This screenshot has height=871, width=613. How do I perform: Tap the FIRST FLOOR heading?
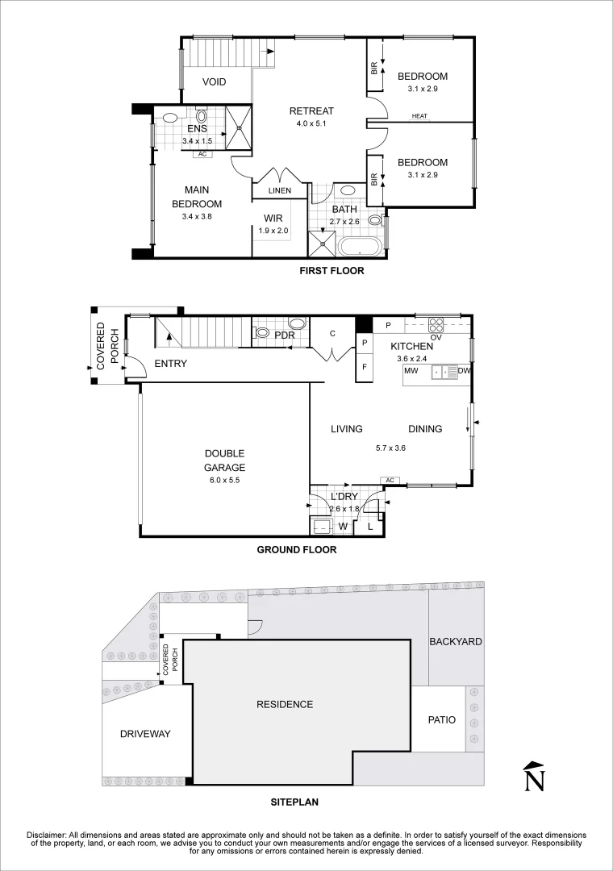[332, 271]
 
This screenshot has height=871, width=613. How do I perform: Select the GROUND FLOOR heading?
[296, 550]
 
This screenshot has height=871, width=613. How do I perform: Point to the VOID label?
[214, 82]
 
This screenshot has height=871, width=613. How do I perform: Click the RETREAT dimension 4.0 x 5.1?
[311, 124]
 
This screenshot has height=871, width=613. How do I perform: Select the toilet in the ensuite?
[201, 115]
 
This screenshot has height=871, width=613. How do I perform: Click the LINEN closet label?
[280, 190]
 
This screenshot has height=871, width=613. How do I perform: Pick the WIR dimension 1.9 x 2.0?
[273, 231]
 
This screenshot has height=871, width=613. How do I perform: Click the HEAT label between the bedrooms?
[419, 117]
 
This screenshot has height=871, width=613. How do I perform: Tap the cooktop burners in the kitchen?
[436, 326]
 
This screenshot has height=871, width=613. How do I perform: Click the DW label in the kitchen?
[464, 372]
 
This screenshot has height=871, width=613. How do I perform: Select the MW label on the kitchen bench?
[411, 372]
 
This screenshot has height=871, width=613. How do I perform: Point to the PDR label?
[283, 335]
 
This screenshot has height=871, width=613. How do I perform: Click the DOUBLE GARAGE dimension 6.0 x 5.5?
[224, 480]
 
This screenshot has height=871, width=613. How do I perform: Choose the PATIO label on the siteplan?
[440, 719]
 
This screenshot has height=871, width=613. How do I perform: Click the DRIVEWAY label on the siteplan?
[145, 734]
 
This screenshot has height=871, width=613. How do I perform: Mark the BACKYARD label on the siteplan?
[456, 642]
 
